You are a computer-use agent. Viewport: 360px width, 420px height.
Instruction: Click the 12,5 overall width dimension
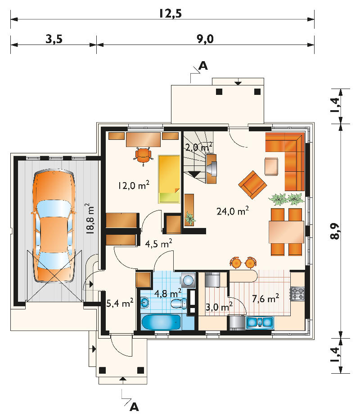[x=170, y=13]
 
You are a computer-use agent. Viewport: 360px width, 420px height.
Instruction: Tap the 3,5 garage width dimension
[x=54, y=39]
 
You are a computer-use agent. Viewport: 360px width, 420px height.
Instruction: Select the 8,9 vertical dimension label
[x=335, y=231]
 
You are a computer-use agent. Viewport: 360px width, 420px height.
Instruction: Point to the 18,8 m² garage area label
[x=90, y=219]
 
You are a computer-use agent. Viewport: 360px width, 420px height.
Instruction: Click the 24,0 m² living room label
[x=232, y=211]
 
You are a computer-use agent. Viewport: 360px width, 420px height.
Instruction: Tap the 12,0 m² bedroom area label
[x=134, y=185]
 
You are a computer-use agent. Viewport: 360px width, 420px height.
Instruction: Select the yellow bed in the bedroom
[x=169, y=179]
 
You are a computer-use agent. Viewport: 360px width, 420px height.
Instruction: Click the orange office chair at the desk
[x=144, y=156]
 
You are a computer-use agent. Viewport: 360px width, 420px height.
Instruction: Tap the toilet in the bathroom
[x=179, y=304]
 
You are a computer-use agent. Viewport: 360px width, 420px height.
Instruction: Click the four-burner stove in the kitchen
[x=297, y=294]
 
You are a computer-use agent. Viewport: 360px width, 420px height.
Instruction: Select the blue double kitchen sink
[x=260, y=322]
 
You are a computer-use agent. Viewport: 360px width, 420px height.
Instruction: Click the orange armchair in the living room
[x=252, y=185]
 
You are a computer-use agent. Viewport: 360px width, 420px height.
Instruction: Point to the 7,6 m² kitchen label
[x=265, y=298]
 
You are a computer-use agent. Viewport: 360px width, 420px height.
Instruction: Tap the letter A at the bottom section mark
[x=134, y=407]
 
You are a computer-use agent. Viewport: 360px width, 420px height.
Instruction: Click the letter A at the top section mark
[x=203, y=66]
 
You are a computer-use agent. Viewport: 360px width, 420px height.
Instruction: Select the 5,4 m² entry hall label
[x=120, y=304]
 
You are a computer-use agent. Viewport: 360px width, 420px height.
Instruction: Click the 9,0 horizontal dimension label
[x=205, y=39]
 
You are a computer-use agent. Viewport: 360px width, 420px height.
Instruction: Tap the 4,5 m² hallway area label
[x=158, y=243]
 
